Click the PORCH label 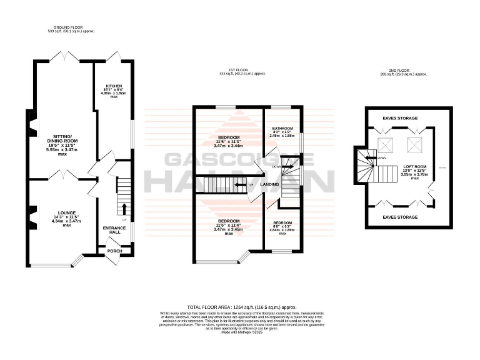(x=114, y=251)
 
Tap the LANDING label (x=269, y=184)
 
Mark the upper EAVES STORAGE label (x=400, y=117)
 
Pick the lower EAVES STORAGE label (x=400, y=217)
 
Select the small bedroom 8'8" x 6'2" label (x=282, y=227)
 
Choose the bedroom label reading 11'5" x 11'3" (x=229, y=142)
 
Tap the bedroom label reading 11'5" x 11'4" (x=229, y=226)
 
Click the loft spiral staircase (x=364, y=166)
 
